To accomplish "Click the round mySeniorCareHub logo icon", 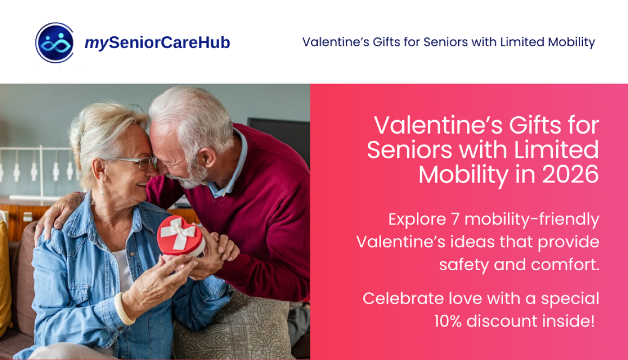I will [x=55, y=43].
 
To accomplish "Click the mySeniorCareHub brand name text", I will [x=157, y=43].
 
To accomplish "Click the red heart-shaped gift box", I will [x=181, y=236].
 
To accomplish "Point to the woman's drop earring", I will [x=101, y=189].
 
